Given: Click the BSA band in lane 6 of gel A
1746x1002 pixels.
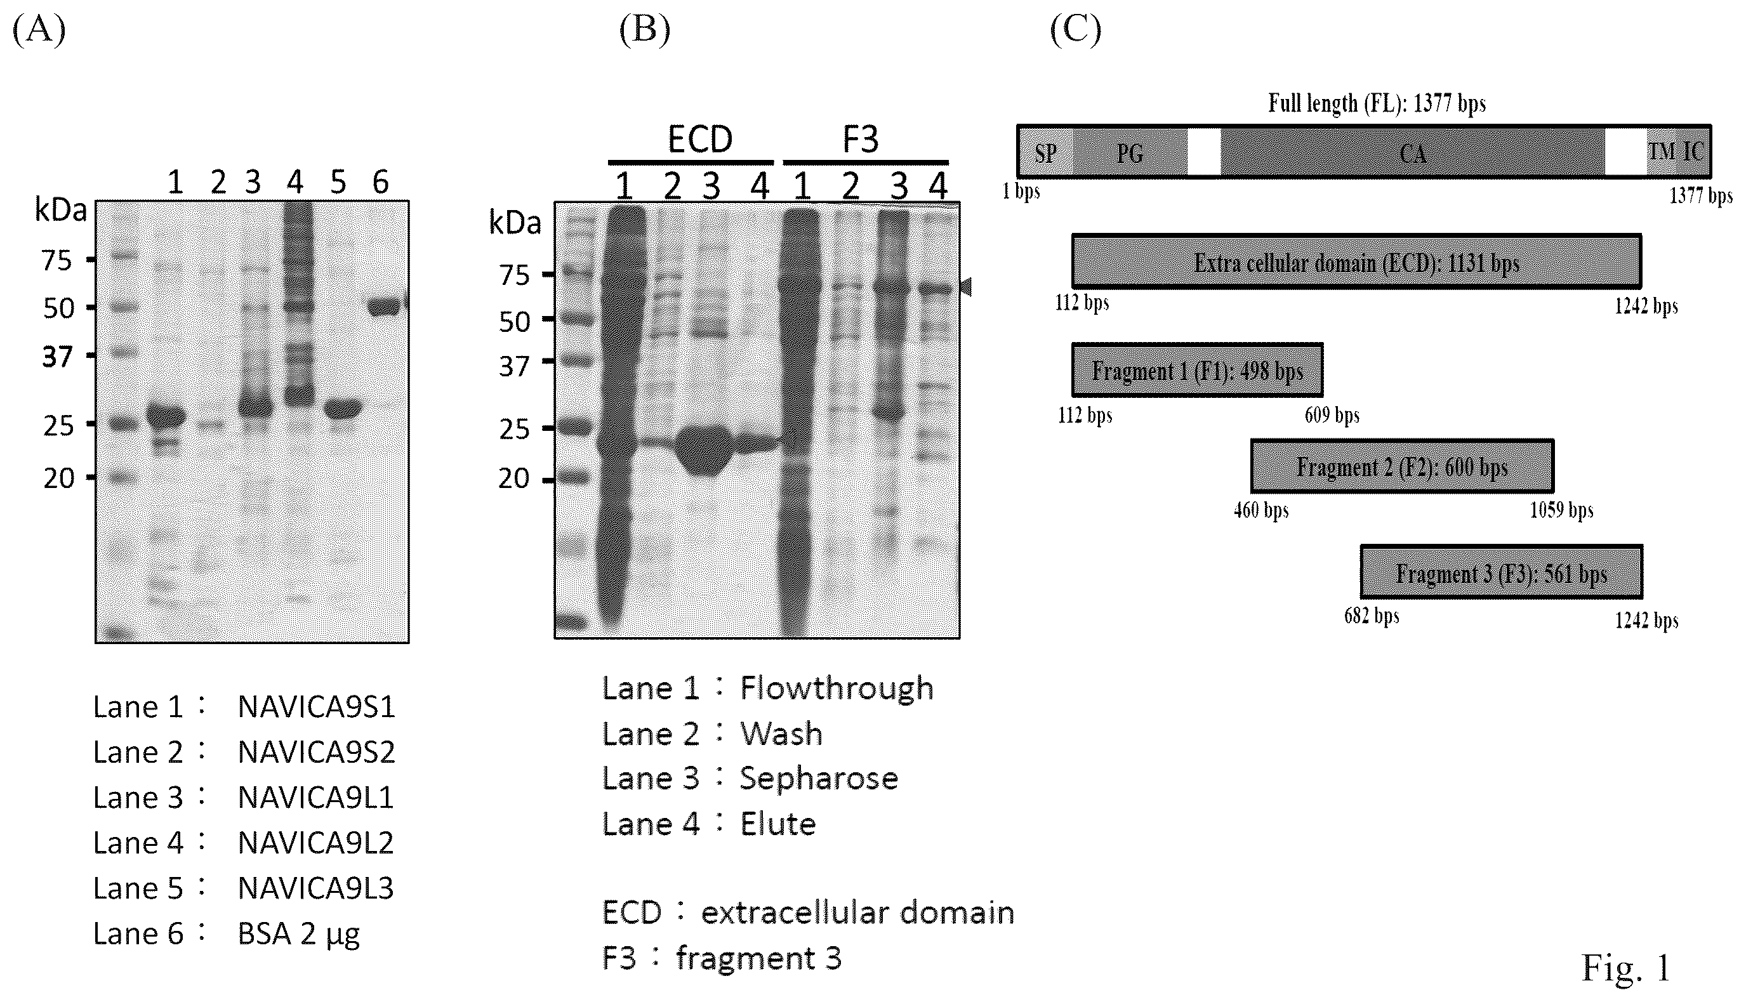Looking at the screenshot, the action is click(385, 307).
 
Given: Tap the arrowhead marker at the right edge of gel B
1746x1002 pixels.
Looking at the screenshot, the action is click(965, 287).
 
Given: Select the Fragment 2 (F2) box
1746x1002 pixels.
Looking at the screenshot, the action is click(1402, 466).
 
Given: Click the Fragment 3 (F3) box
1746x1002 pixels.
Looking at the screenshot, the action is click(1501, 572).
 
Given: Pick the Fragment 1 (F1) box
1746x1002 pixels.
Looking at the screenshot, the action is click(1197, 370).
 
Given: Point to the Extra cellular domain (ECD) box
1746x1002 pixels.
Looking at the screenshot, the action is click(1356, 261).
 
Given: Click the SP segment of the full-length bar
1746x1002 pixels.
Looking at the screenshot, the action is click(1045, 152).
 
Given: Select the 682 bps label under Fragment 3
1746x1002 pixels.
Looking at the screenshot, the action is click(1372, 616).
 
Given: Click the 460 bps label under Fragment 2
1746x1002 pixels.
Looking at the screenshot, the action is click(1261, 510).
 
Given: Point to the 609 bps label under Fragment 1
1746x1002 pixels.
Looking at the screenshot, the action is click(1332, 415).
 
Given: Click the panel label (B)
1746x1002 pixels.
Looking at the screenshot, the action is click(644, 30).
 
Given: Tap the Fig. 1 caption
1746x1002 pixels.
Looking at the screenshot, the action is click(1625, 968).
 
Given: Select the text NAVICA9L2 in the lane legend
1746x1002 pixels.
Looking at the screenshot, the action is click(315, 843).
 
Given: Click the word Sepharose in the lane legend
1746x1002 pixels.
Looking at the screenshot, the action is click(819, 779).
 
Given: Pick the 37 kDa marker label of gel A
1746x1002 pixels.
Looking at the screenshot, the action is click(57, 357).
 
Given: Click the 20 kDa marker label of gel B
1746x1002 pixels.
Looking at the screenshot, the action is click(514, 478).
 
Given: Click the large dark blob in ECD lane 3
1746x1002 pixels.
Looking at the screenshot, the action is click(703, 450).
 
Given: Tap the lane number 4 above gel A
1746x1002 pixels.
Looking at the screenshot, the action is click(295, 182).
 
